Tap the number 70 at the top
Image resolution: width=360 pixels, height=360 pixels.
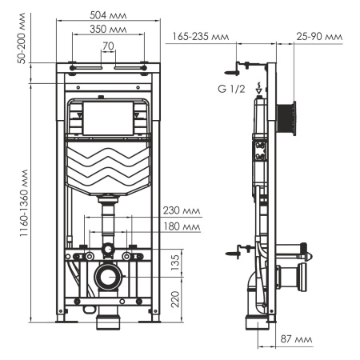click(x=108, y=46)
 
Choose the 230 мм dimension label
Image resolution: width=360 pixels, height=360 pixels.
click(x=180, y=212)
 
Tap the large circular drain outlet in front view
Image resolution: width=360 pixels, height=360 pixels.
click(x=106, y=278)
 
